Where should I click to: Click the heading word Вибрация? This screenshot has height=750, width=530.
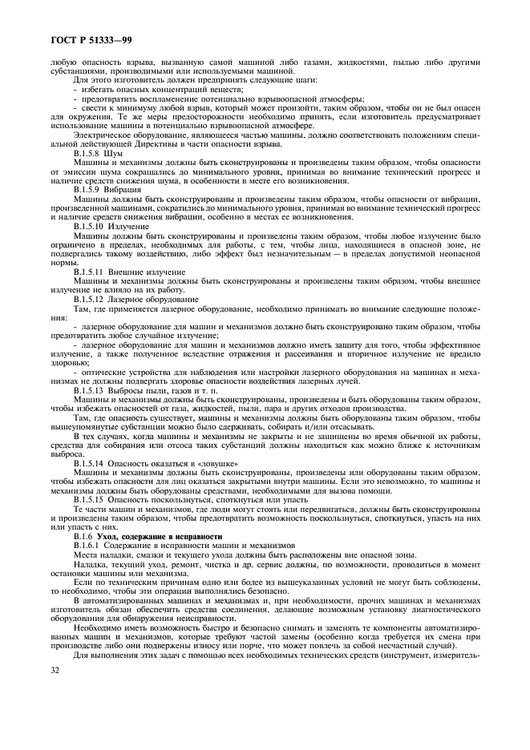pyautogui.click(x=126, y=190)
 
